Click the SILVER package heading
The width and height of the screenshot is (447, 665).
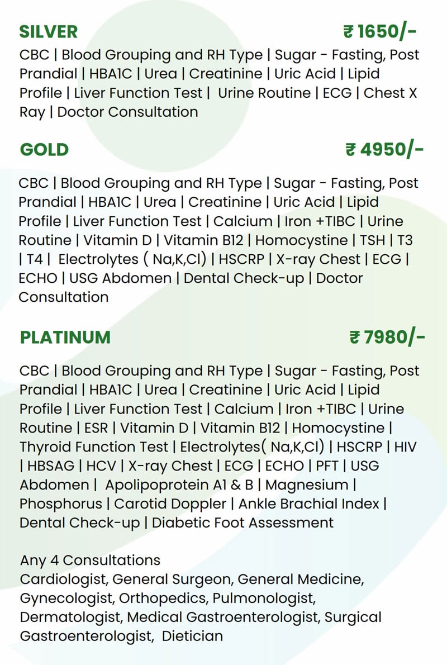pos(49,32)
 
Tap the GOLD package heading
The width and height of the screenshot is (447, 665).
pos(44,150)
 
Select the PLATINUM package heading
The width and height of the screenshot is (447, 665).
pos(65,338)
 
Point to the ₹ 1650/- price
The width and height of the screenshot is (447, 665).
pos(380,32)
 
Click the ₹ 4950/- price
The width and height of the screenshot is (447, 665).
pos(384,150)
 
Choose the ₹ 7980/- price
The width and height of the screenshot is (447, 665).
pos(387,338)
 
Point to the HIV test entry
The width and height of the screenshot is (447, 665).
pos(405,447)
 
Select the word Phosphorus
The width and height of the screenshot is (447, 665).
pos(61,504)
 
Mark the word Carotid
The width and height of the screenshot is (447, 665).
pos(140,504)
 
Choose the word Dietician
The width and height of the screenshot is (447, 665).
pos(192,636)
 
